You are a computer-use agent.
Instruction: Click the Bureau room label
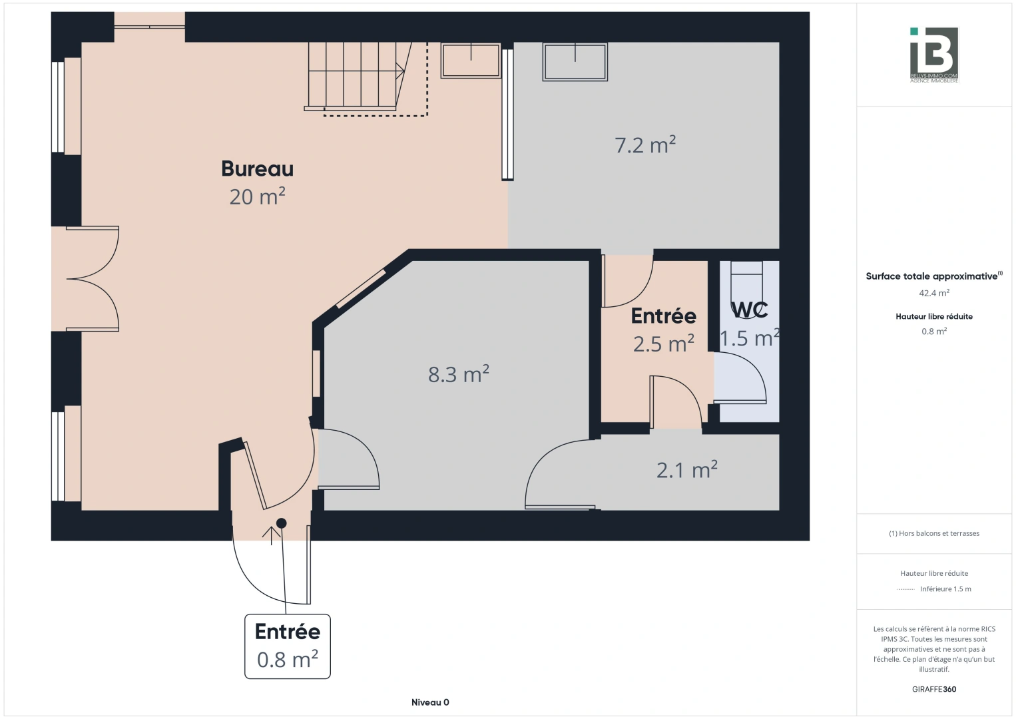[x=257, y=169]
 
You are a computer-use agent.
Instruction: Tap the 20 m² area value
[x=257, y=197]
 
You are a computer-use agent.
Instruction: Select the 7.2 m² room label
[x=644, y=145]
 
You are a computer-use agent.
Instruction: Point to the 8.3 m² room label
[x=458, y=375]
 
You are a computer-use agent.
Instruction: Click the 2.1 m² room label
[x=686, y=471]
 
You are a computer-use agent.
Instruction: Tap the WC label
[x=750, y=310]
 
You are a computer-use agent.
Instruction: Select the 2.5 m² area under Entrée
[x=663, y=344]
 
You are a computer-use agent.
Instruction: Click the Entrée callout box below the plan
[x=288, y=646]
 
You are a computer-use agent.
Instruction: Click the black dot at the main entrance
[x=282, y=523]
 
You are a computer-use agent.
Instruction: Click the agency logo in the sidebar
[x=933, y=55]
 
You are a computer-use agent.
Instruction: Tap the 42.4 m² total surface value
[x=933, y=293]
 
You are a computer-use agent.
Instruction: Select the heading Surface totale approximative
[x=931, y=276]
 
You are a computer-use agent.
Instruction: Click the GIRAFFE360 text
[x=933, y=689]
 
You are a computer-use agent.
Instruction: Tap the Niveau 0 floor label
[x=430, y=702]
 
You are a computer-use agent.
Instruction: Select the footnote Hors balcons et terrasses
[x=933, y=533]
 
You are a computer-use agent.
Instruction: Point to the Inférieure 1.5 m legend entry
[x=945, y=589]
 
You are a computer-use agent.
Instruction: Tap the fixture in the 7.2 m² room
[x=575, y=62]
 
